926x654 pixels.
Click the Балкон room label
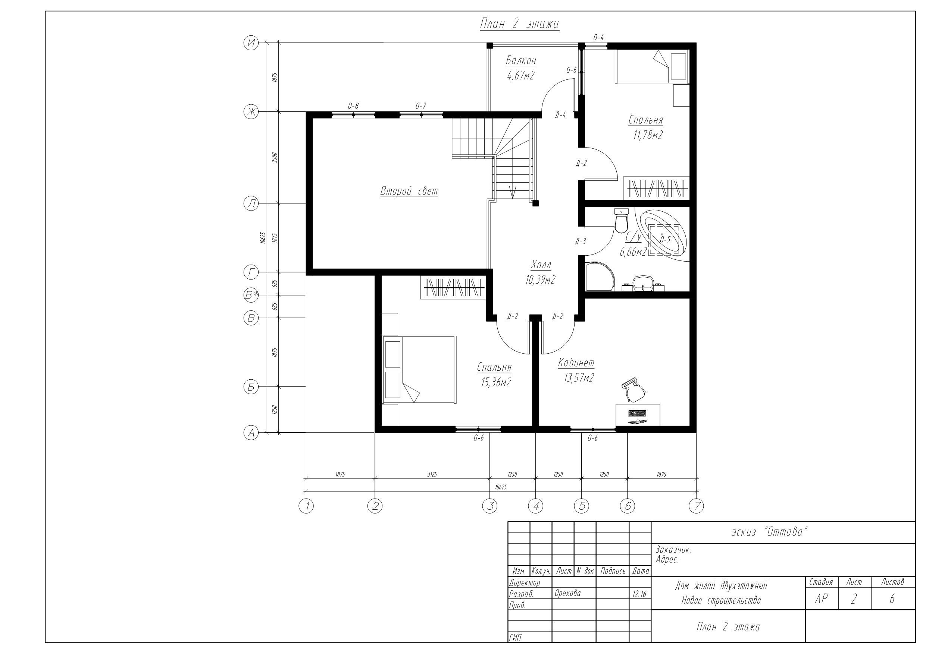521,61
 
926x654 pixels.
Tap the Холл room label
541,265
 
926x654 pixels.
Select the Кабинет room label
576,363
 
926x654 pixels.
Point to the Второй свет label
409,191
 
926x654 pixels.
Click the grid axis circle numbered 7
697,506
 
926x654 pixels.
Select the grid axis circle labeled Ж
251,112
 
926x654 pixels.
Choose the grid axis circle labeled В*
251,296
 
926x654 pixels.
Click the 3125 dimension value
432,474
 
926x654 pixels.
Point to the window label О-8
353,106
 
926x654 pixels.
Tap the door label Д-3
581,241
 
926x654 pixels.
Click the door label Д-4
561,115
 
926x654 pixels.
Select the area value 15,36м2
496,382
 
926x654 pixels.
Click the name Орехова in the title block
567,593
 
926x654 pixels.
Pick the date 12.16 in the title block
639,594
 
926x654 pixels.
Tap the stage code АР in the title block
821,599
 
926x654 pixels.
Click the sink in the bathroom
643,283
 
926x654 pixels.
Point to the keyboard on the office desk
637,413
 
